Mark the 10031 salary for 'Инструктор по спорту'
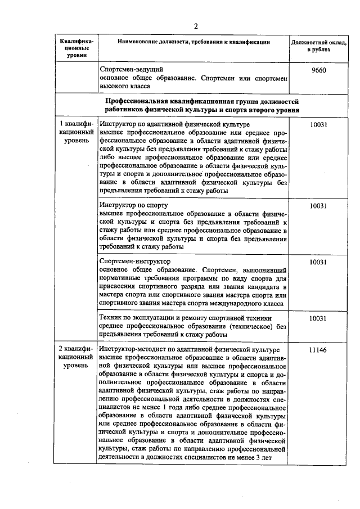coord(318,205)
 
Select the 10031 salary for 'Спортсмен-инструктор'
coord(318,262)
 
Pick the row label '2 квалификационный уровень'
coord(76,357)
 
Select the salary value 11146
coord(318,349)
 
